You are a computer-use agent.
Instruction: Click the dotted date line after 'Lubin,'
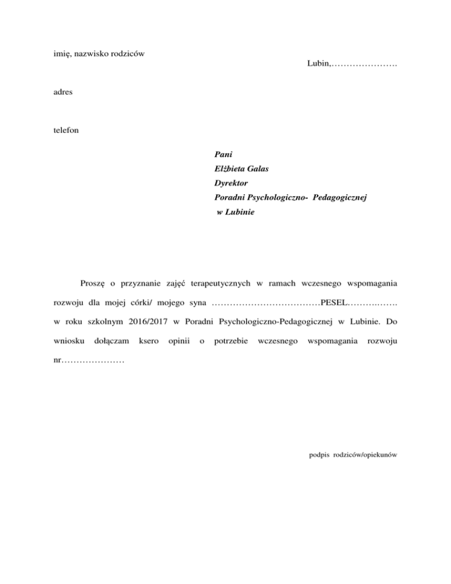365,63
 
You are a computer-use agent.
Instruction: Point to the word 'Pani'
224,156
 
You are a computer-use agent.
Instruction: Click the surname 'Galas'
265,170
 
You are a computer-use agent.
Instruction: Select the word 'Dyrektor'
231,184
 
